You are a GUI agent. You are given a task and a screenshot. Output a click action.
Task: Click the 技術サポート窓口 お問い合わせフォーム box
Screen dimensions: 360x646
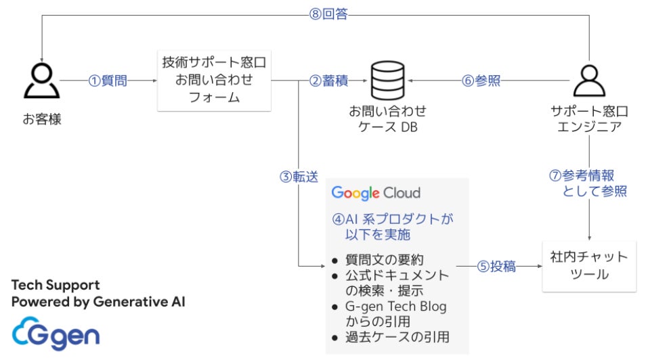click(213, 80)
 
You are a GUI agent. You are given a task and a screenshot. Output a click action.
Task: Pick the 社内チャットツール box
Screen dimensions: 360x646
click(589, 266)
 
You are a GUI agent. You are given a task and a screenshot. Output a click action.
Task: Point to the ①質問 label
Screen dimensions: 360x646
click(108, 81)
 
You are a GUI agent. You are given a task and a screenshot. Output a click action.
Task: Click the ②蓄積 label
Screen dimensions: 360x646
click(328, 81)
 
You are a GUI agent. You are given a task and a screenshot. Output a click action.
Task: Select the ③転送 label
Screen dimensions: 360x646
click(299, 176)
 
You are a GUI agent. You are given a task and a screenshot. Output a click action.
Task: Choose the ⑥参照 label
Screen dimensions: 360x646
click(481, 81)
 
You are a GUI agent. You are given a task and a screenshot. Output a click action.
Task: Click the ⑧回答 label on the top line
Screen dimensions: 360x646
click(328, 14)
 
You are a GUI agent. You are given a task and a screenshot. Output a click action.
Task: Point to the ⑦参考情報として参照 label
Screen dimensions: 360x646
click(588, 183)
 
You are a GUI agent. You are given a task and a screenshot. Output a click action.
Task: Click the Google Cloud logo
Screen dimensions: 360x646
click(376, 193)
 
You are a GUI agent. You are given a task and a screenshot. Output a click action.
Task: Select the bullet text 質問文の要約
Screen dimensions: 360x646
click(384, 259)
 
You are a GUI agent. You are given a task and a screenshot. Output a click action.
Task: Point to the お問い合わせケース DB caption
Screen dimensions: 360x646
click(387, 118)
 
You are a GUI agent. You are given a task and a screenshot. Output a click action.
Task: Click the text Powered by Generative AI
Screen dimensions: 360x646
click(98, 301)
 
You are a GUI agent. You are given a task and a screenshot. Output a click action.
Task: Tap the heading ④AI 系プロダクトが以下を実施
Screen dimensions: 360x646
click(392, 227)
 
